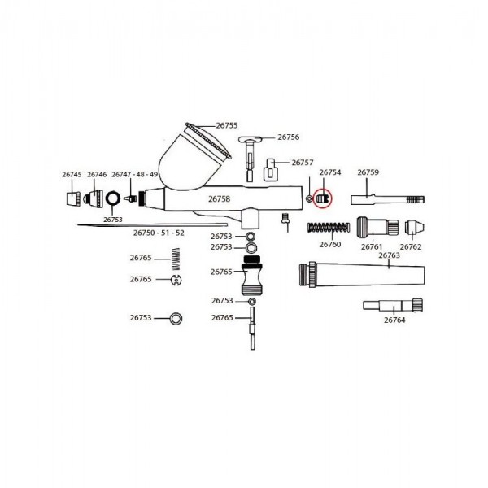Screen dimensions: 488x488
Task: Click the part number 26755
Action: coord(227,125)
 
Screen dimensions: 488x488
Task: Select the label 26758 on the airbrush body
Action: coord(219,198)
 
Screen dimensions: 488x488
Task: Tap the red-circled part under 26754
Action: coord(322,198)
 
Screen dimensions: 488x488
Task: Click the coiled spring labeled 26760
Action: coord(328,228)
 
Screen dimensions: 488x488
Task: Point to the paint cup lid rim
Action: coord(208,140)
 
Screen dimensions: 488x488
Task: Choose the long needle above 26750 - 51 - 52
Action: coord(153,224)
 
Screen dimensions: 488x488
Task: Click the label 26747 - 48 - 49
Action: coord(135,175)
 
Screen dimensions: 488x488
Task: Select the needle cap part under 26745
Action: coord(73,199)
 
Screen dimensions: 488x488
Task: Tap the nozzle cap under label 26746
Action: coord(93,198)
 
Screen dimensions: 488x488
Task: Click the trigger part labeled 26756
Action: coord(251,159)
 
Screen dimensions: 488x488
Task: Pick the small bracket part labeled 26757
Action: coord(271,170)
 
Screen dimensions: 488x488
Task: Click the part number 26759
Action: coord(368,172)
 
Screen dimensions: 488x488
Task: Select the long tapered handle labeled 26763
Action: coord(362,275)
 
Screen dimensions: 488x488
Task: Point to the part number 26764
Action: coord(394,320)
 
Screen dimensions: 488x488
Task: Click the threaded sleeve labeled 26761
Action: coord(377,227)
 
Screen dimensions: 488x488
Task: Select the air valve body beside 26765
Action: coord(252,276)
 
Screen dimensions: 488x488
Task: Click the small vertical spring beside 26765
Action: coord(176,259)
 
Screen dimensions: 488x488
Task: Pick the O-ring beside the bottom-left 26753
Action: coord(176,318)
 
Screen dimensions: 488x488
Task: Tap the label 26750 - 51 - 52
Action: coord(159,233)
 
